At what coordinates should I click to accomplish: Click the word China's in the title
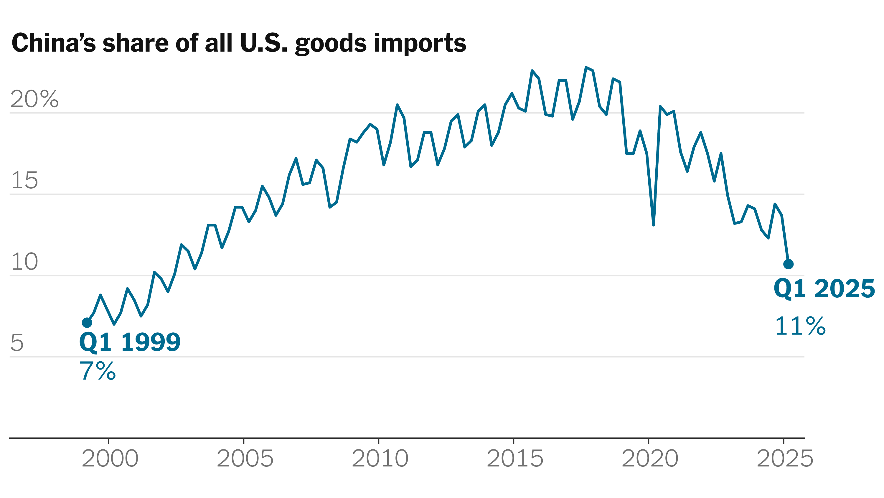coord(54,43)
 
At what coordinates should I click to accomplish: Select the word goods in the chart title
coord(331,44)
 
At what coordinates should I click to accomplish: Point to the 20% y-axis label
coord(34,99)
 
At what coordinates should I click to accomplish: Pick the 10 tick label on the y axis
coord(24,262)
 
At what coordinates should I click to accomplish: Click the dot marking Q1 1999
coord(87,323)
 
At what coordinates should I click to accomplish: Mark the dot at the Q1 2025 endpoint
coord(788,264)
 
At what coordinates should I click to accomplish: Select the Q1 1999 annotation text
coord(130,342)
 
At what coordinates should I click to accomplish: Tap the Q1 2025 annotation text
coord(824,289)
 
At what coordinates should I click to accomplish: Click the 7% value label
coord(98,371)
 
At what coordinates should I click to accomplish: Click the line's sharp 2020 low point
coord(653,225)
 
